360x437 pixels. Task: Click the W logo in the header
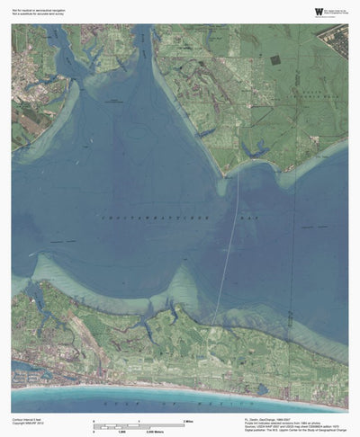point(293,11)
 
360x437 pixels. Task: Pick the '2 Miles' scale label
point(190,421)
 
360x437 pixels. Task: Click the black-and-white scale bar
point(139,426)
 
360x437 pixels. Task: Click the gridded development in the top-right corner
point(335,40)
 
